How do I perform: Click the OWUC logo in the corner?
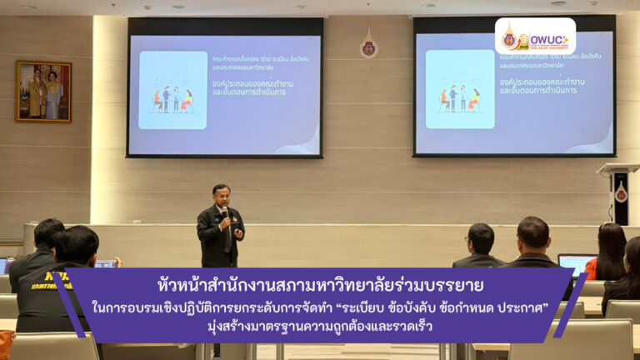(535, 37)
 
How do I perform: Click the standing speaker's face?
(221, 197)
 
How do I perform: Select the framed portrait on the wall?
(43, 91)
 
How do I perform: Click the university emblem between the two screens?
(368, 47)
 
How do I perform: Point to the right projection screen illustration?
(460, 91)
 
